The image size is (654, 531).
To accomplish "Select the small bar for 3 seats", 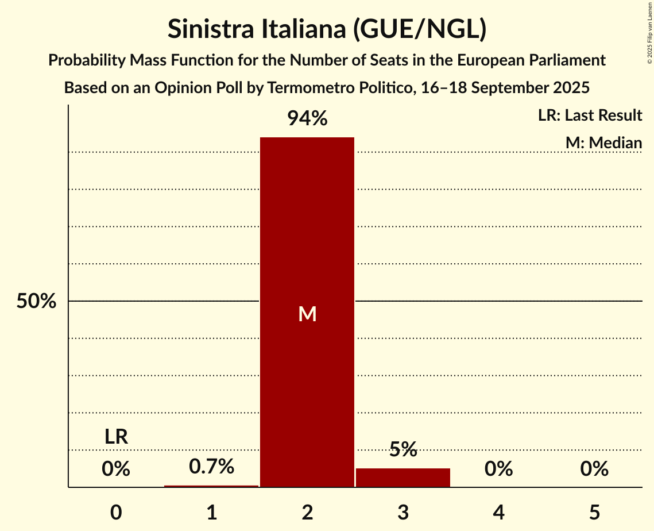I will [x=403, y=478].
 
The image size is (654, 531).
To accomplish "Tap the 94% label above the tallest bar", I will [x=307, y=119].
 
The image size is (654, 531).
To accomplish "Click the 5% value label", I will [x=403, y=449].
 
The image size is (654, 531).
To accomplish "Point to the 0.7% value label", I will [x=211, y=466].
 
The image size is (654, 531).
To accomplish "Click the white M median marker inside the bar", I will [x=307, y=314].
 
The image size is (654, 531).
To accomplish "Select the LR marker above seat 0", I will [x=116, y=437].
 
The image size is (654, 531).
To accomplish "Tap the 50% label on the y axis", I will [x=36, y=301].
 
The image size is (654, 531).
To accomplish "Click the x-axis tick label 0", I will [x=116, y=513].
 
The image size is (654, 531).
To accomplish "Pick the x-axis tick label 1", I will [x=211, y=513].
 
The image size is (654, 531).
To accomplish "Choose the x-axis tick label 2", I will [x=307, y=513].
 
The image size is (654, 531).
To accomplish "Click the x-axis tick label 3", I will [x=403, y=513].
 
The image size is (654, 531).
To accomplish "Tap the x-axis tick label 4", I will [x=498, y=513].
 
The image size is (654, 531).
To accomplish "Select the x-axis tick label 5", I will [x=594, y=513].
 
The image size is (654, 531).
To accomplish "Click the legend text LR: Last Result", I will [x=590, y=116].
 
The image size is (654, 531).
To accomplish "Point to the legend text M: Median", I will [x=603, y=143].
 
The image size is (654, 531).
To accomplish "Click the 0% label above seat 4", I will [x=498, y=470].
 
